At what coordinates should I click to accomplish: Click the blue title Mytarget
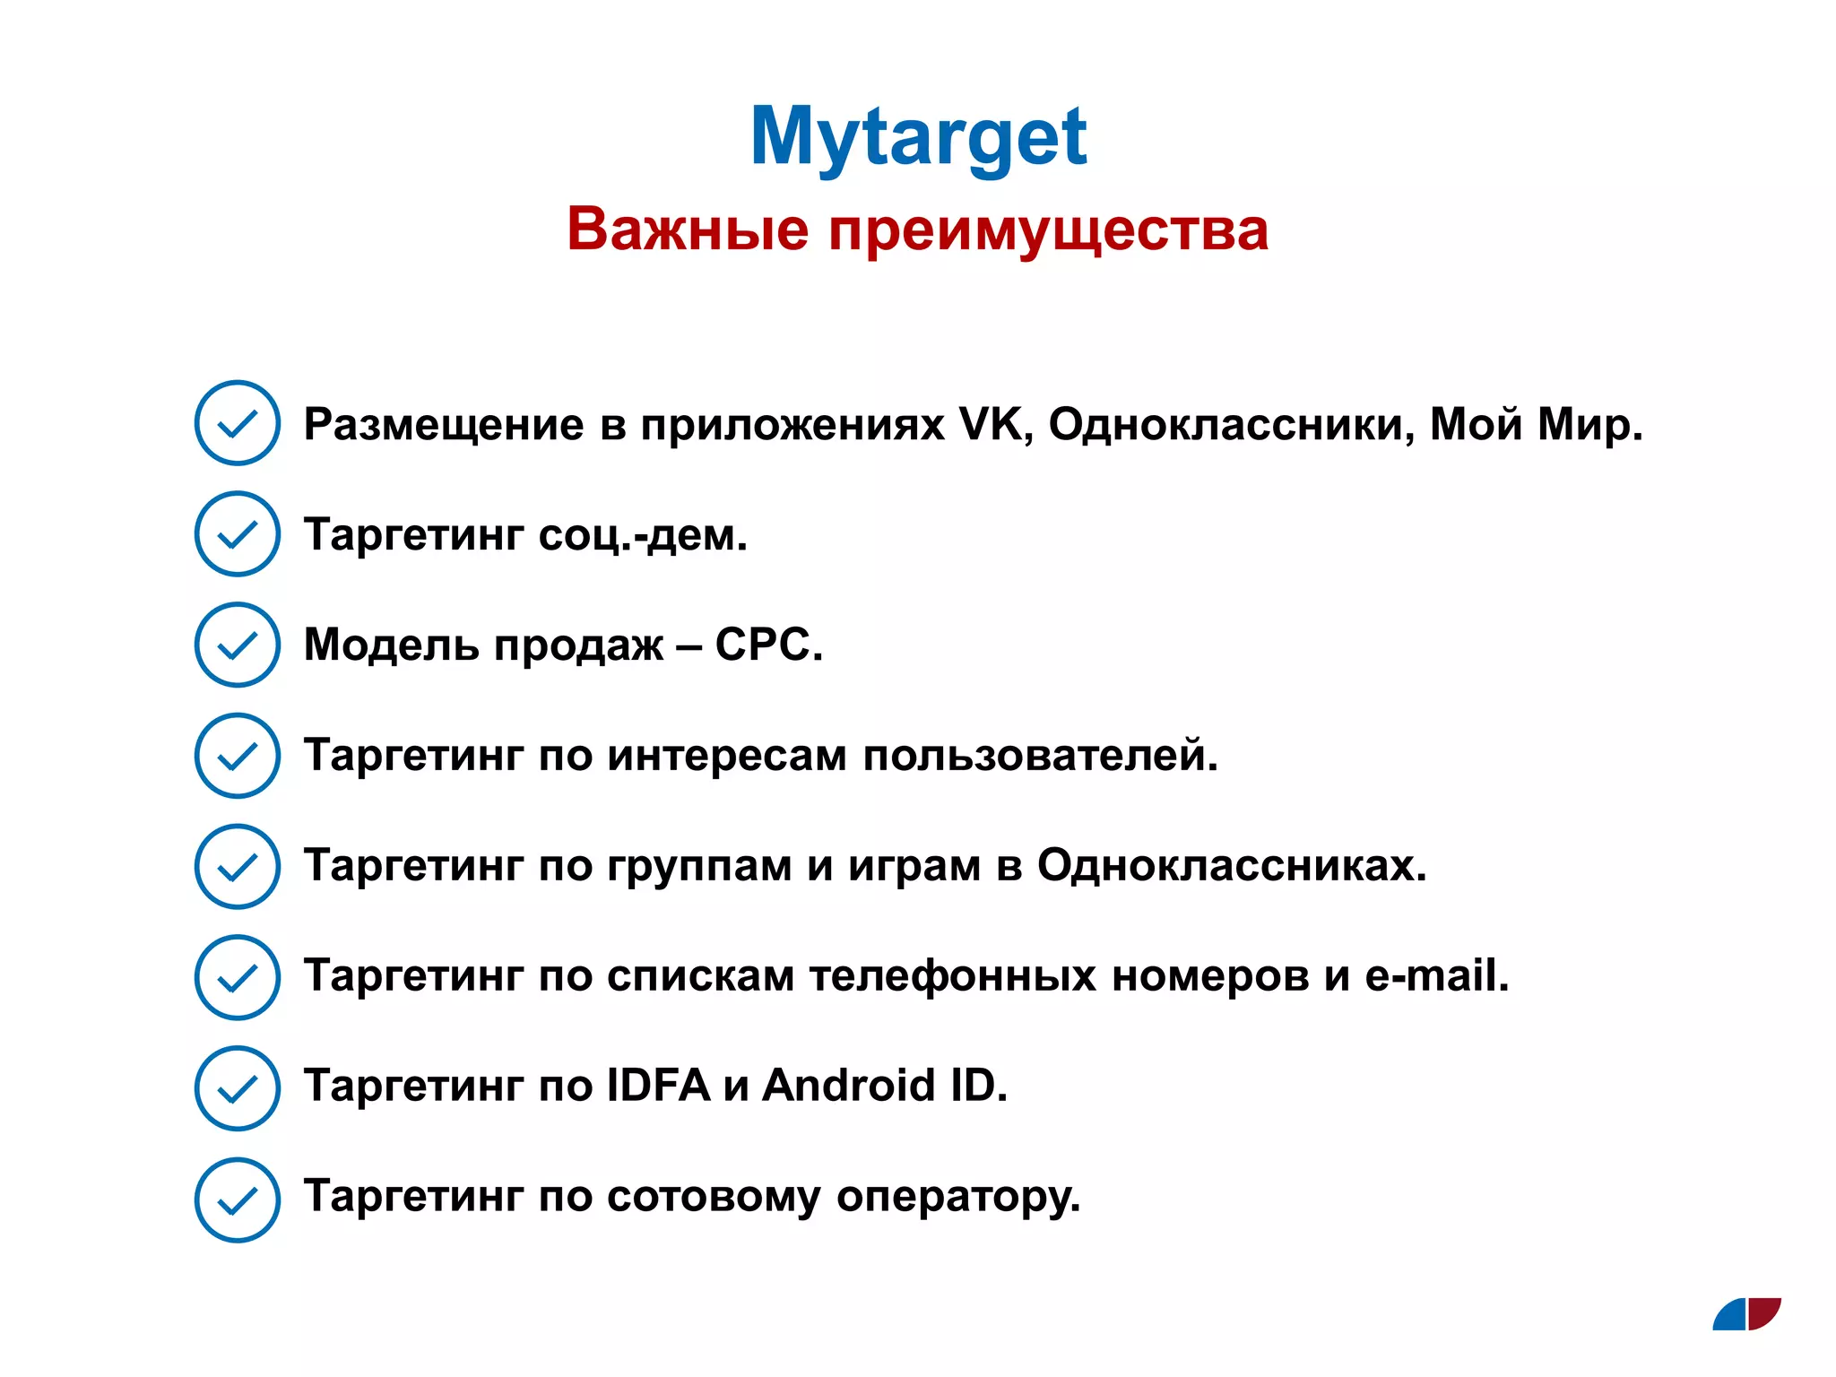[918, 137]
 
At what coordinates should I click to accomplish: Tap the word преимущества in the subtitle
[1048, 229]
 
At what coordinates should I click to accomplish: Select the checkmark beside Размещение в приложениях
[238, 423]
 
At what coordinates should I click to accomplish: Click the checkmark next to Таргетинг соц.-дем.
[238, 534]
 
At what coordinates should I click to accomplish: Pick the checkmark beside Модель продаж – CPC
[238, 645]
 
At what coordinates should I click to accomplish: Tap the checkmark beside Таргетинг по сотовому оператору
[238, 1199]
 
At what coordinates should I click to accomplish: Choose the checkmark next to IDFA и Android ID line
[238, 1088]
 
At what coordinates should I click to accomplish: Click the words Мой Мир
[1536, 424]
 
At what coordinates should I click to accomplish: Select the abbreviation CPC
[768, 645]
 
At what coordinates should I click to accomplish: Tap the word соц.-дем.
[643, 535]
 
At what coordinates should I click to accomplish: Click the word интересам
[727, 756]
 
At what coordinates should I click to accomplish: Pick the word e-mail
[1437, 976]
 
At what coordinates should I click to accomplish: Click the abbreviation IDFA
[659, 1087]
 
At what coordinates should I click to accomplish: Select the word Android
[849, 1087]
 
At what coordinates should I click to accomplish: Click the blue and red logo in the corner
[1746, 1314]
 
